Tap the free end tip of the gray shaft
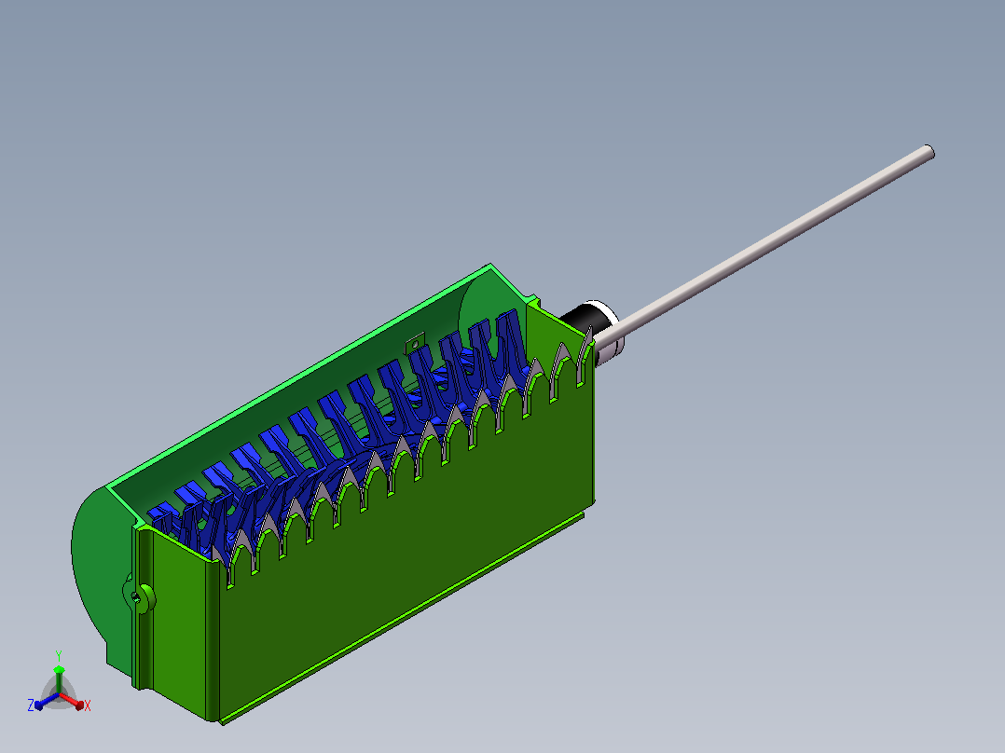930,152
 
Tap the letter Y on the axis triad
59,655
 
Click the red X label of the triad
88,705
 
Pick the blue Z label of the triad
31,705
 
